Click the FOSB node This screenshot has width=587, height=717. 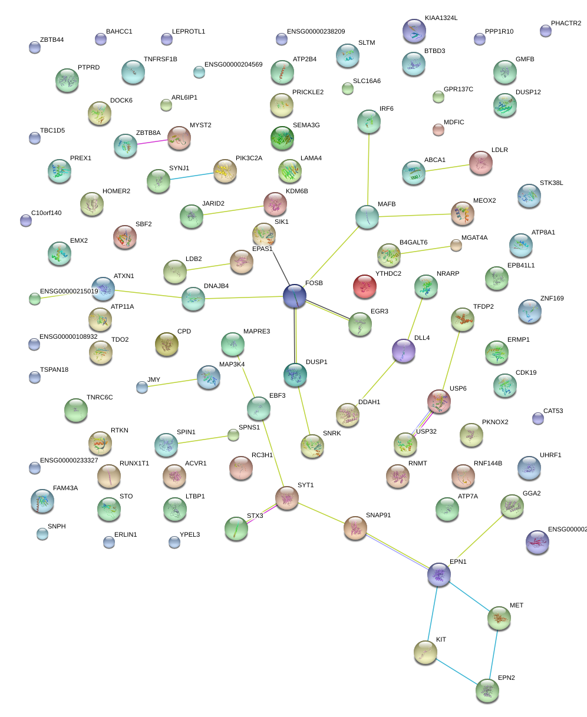coord(295,296)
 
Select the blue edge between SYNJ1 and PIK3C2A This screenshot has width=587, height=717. coord(192,176)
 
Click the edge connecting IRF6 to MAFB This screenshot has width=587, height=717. coord(369,170)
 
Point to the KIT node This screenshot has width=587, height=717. coord(426,652)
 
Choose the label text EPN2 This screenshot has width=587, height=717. coord(506,678)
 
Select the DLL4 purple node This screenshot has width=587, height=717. coord(404,351)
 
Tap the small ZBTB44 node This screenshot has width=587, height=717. coord(35,48)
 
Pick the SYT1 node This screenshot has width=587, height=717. coord(288,498)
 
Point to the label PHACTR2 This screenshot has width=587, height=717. coord(566,24)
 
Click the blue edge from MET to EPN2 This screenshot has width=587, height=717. coord(493,655)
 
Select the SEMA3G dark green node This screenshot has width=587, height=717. coord(282,138)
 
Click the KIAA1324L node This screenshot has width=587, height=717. coord(414,31)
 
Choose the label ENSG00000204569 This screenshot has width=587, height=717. coord(233,64)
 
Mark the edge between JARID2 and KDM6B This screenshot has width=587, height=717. coord(227,210)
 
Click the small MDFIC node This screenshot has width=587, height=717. coord(438,130)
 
